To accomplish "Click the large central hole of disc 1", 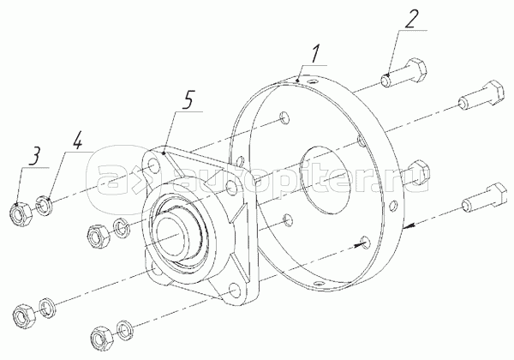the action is point(326,178).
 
